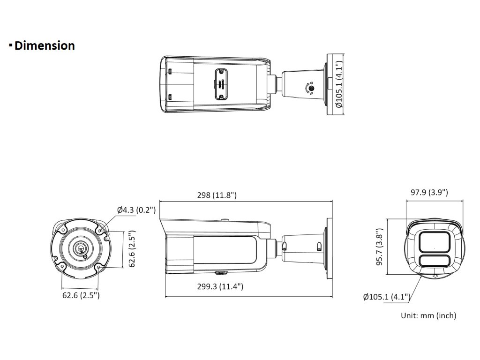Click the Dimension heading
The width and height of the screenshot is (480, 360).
click(x=45, y=46)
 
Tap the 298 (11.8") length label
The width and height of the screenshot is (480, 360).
click(x=216, y=195)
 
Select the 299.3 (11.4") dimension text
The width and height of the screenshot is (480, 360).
click(x=220, y=286)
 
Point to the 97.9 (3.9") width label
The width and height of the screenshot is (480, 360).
click(x=429, y=192)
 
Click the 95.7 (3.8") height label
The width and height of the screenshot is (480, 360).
click(x=382, y=247)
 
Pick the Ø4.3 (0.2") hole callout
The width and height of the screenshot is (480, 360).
click(x=136, y=210)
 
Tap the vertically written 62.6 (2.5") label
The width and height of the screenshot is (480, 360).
click(x=133, y=249)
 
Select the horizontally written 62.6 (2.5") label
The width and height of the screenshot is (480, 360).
click(x=81, y=295)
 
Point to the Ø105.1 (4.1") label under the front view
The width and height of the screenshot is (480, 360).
click(x=387, y=296)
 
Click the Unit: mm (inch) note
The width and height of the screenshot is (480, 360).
click(x=428, y=316)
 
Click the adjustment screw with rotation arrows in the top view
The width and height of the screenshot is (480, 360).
click(x=310, y=88)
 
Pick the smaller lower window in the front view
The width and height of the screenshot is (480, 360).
click(x=435, y=262)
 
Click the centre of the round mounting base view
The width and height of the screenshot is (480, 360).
click(x=81, y=249)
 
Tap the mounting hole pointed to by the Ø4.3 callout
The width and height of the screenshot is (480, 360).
click(x=102, y=230)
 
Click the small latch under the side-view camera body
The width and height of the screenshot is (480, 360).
click(x=219, y=272)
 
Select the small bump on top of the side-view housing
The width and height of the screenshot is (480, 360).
click(x=225, y=219)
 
